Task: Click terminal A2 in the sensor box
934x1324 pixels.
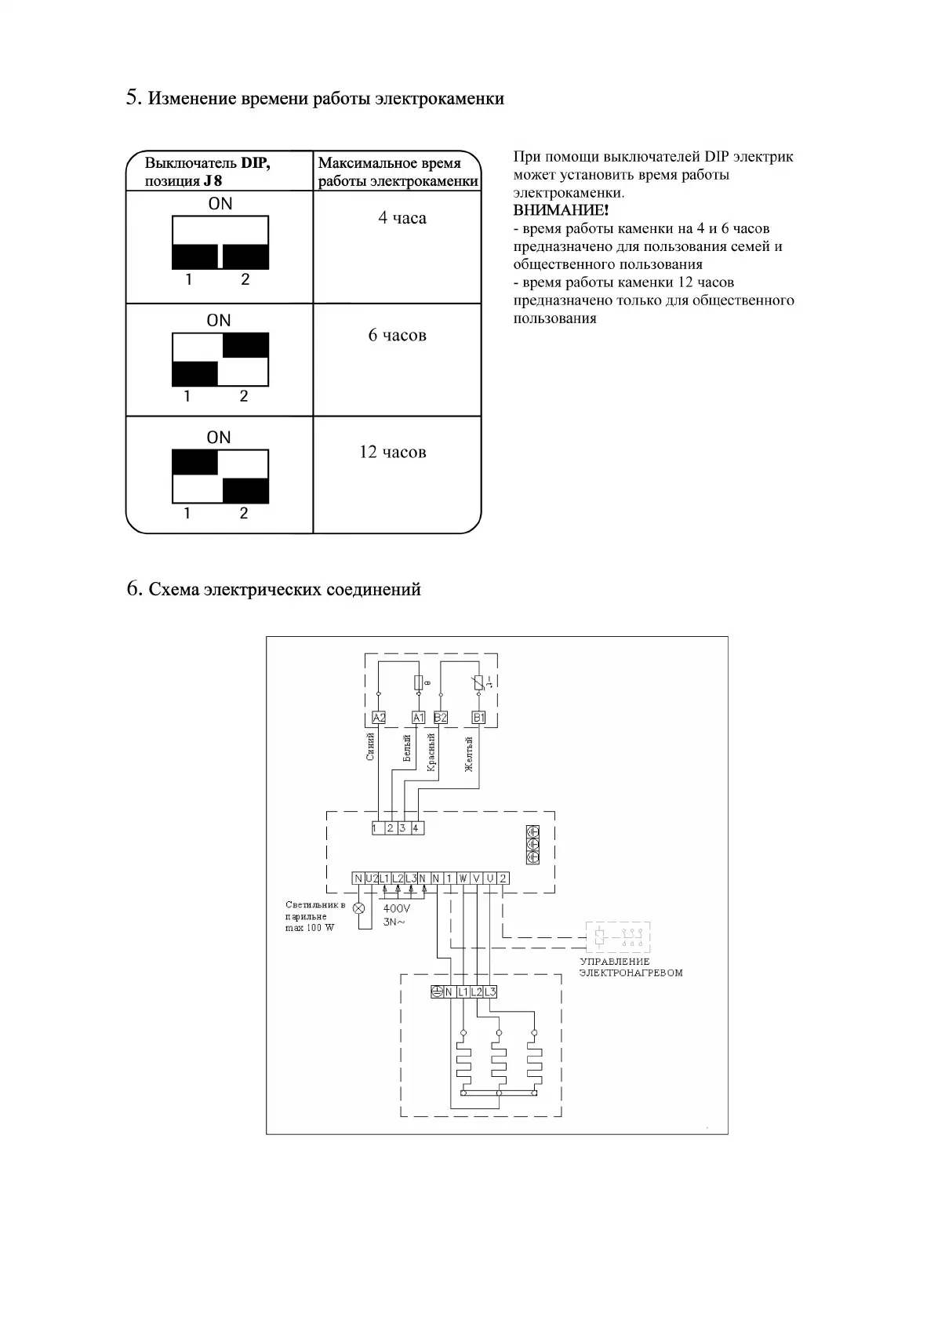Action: tap(379, 717)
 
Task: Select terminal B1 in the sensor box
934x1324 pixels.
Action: tap(478, 717)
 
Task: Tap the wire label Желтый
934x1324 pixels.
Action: tap(469, 754)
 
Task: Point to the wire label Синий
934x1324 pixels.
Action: tap(371, 746)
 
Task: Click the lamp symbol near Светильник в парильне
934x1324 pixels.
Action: tap(359, 908)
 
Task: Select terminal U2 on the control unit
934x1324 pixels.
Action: tap(372, 878)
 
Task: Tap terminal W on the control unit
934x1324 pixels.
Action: tap(463, 878)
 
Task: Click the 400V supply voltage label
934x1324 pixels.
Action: tap(396, 908)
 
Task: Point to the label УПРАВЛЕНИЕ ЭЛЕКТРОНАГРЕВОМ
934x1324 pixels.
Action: tap(631, 967)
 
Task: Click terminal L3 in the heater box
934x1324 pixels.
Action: tap(490, 991)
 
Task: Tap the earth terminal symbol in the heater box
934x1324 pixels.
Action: tap(437, 991)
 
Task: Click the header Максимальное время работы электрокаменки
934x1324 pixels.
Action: tap(397, 172)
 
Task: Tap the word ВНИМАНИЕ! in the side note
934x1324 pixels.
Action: tap(561, 210)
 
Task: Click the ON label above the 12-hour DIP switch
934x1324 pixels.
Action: tap(219, 437)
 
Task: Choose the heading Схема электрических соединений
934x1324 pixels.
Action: tap(285, 589)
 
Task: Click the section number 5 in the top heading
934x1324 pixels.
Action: tap(133, 98)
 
